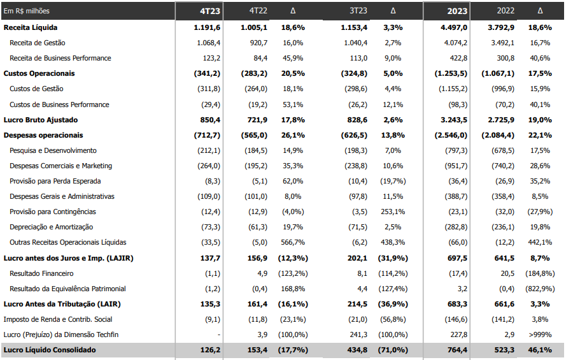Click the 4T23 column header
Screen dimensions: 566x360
(x=209, y=11)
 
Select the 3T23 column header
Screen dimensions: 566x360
(x=358, y=10)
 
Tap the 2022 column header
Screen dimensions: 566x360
(x=506, y=10)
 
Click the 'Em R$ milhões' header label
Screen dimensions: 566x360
(x=26, y=11)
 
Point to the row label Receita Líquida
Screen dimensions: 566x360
(x=31, y=27)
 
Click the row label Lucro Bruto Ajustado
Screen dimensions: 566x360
(x=41, y=120)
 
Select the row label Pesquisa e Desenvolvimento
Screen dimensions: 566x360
(x=53, y=150)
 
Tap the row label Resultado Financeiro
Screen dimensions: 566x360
(x=41, y=273)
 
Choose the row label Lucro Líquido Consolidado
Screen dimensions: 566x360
(x=50, y=350)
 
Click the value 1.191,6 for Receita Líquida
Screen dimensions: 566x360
(x=207, y=27)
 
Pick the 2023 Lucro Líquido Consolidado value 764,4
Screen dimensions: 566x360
(x=457, y=350)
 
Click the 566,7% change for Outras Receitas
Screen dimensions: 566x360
(x=293, y=242)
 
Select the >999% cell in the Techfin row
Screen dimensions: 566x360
(x=540, y=335)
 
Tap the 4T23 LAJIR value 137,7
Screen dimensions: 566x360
(x=210, y=258)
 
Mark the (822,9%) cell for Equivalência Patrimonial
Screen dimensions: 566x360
(x=540, y=289)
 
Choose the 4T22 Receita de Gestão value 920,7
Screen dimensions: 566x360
(x=258, y=43)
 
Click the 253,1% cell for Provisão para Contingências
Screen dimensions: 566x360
(x=393, y=212)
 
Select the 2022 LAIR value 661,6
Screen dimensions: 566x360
(x=504, y=304)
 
